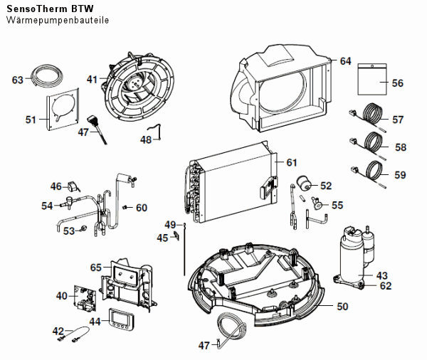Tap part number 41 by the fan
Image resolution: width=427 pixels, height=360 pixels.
coord(93,80)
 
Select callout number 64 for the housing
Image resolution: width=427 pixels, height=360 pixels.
coord(345,61)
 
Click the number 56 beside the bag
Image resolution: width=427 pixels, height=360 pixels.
coord(397,83)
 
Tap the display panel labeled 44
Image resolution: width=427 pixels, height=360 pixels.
coord(120,321)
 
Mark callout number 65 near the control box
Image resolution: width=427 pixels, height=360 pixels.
coord(95,267)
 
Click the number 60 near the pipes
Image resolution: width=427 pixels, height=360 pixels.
coord(141,208)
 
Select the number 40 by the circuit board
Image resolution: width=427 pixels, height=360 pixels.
coord(61,295)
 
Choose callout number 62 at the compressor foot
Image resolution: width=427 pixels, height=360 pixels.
coord(385,286)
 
